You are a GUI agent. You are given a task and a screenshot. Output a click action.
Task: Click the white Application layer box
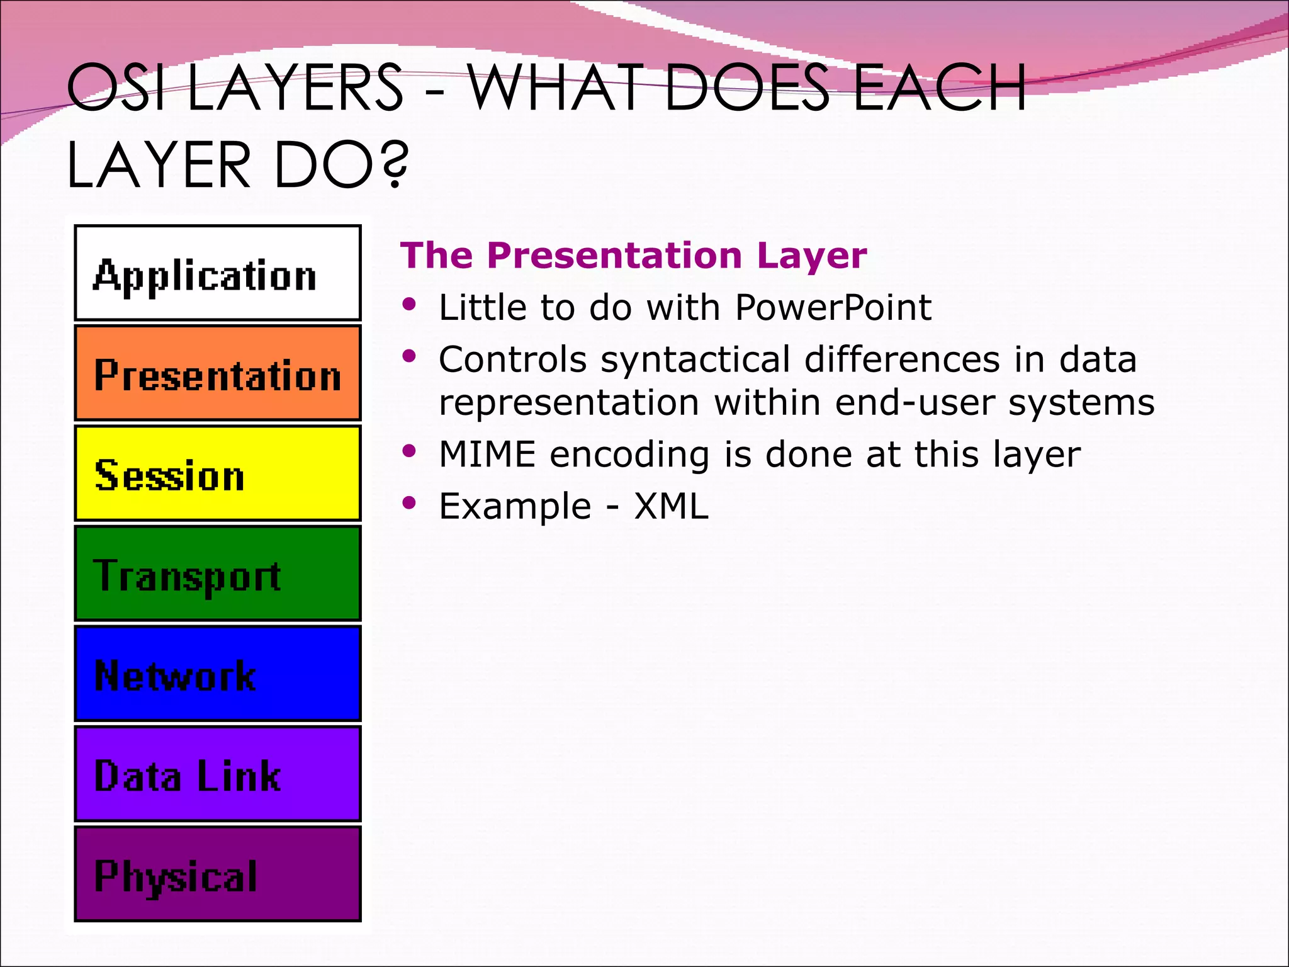coord(217,273)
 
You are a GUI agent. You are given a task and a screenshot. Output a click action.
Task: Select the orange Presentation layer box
coord(217,373)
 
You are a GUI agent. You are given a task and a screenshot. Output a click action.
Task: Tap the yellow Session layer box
coord(217,473)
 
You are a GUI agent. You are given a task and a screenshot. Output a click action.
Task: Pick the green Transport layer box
coord(217,573)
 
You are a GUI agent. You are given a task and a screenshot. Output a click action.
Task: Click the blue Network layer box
coord(217,673)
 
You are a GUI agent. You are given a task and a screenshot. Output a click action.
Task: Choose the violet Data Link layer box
coord(217,773)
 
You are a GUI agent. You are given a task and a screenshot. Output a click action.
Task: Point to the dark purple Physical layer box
coord(217,873)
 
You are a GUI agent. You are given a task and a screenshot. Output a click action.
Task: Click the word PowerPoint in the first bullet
coord(833,308)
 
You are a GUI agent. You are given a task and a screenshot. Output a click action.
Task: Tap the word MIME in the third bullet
coord(487,455)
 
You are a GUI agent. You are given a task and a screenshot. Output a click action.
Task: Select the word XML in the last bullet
coord(671,506)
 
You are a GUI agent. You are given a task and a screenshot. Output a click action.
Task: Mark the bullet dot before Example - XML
coord(410,502)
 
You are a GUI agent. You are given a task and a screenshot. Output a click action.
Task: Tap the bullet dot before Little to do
coord(410,305)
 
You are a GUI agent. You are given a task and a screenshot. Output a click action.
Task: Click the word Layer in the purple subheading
coord(811,256)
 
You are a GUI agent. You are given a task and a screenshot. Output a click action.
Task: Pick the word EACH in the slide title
coord(940,88)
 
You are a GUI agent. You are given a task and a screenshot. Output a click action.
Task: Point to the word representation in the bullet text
coord(568,403)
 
